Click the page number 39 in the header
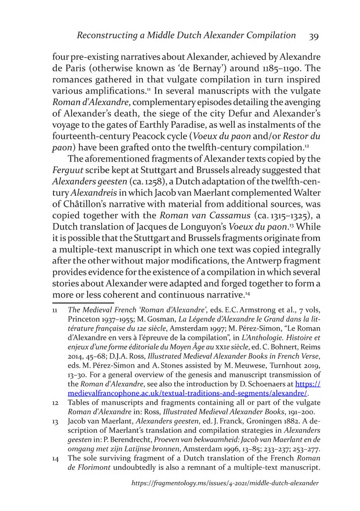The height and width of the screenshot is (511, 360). [313, 36]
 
